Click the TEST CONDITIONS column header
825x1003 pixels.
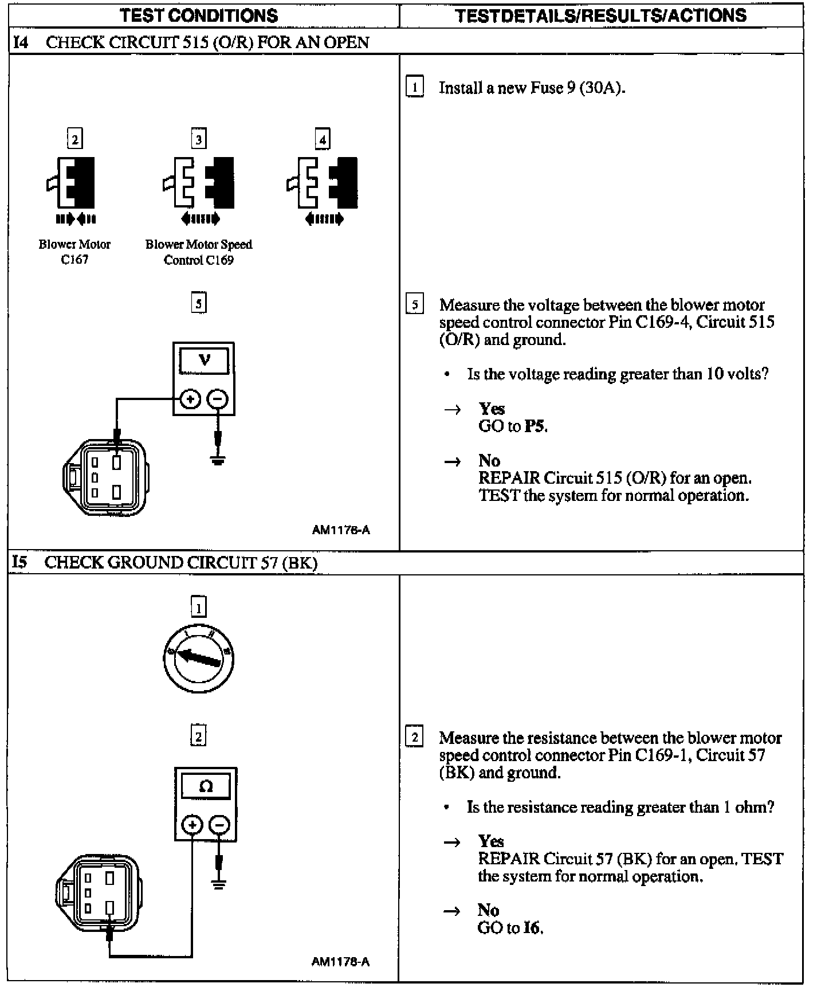(x=199, y=15)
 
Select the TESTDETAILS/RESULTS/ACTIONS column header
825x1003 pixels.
(x=601, y=15)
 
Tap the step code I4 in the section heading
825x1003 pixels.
(x=20, y=42)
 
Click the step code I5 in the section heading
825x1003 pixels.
(x=19, y=562)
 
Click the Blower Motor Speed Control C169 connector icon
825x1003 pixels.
(x=199, y=183)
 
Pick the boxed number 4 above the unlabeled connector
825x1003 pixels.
(x=323, y=139)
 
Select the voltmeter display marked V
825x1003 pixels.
(x=204, y=361)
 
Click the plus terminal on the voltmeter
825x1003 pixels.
(x=190, y=399)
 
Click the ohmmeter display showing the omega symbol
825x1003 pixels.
(x=206, y=786)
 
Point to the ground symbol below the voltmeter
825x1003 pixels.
(x=217, y=460)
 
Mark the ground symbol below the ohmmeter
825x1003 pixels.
(x=218, y=884)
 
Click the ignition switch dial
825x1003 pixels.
(x=198, y=659)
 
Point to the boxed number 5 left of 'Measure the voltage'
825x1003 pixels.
(x=415, y=304)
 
